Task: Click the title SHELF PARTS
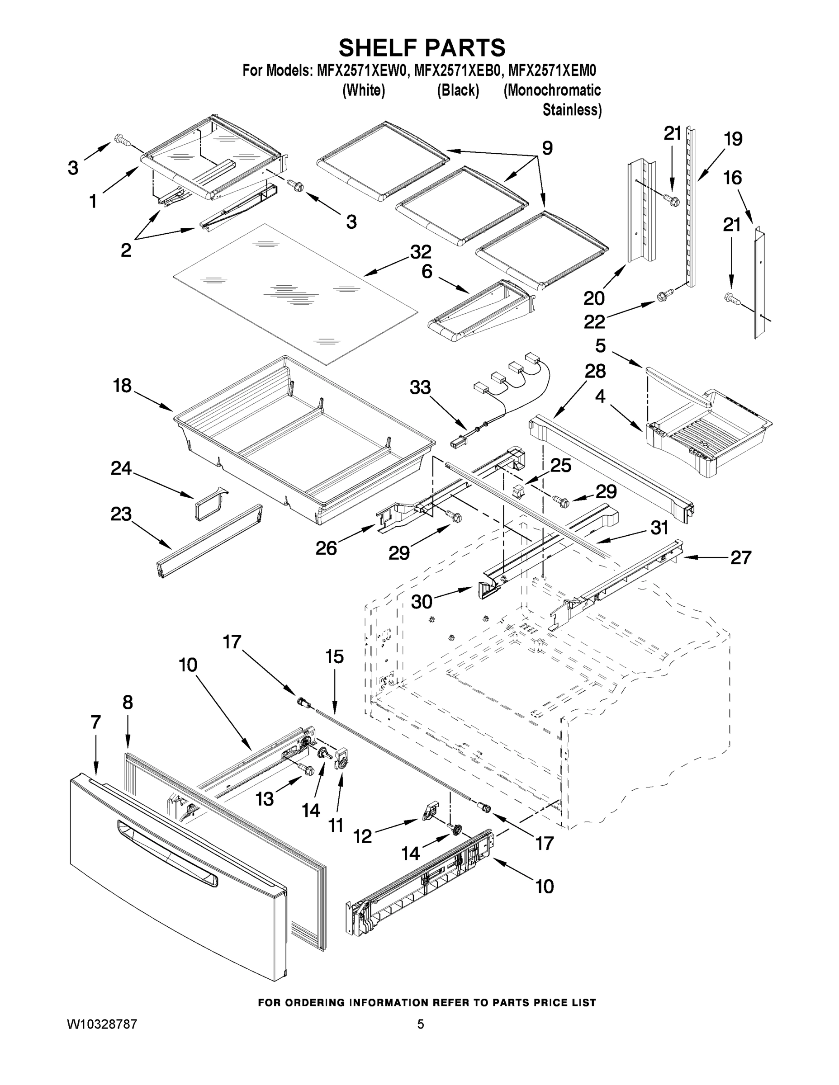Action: click(422, 48)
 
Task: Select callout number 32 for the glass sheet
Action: click(421, 252)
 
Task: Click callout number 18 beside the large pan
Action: click(122, 385)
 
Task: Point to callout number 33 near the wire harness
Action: click(420, 387)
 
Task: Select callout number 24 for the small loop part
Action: click(121, 468)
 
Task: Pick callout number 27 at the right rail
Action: click(740, 557)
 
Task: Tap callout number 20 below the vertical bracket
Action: click(594, 298)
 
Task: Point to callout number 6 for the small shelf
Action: click(427, 271)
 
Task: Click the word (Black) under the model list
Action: click(458, 90)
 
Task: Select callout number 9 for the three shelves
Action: click(547, 147)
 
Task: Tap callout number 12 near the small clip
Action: click(362, 837)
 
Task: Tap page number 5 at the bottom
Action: click(421, 1024)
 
